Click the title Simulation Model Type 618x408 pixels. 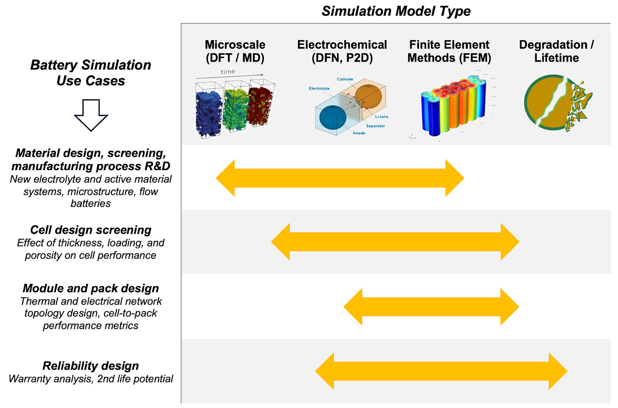[x=396, y=11]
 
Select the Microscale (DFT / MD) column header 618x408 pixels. [x=235, y=51]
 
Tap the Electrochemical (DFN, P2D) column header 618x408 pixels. [x=342, y=51]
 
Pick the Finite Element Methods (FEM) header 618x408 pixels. [x=449, y=51]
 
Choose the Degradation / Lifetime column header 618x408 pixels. [x=556, y=51]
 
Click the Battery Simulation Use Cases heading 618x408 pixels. [x=91, y=73]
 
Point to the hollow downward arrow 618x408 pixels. [x=91, y=115]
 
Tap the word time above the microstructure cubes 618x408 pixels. [x=228, y=71]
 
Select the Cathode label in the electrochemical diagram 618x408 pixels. [x=345, y=79]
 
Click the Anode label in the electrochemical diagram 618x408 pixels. [x=359, y=133]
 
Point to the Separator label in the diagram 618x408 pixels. [x=375, y=126]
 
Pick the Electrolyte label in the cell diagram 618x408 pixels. [x=319, y=89]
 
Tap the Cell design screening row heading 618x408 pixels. [x=91, y=230]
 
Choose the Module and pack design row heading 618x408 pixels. [x=91, y=288]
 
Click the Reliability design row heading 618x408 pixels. [x=91, y=366]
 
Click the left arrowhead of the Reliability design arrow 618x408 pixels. [x=325, y=371]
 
